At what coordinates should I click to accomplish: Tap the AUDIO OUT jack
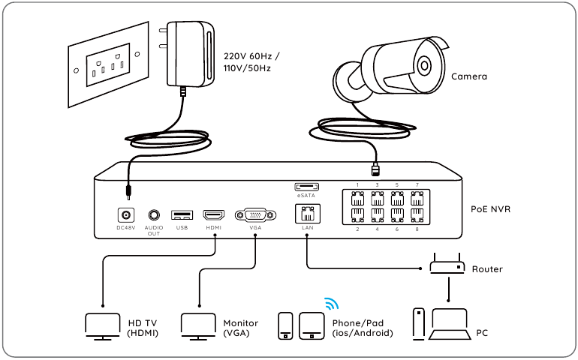click(154, 214)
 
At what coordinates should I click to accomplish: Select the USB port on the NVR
click(182, 214)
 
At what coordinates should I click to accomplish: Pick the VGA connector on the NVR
click(254, 214)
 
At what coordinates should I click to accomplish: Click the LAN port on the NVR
click(307, 213)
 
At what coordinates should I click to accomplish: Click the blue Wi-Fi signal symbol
click(331, 303)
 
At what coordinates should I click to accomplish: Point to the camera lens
click(426, 64)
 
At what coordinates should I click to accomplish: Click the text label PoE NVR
click(490, 209)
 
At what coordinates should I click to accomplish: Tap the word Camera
click(469, 76)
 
